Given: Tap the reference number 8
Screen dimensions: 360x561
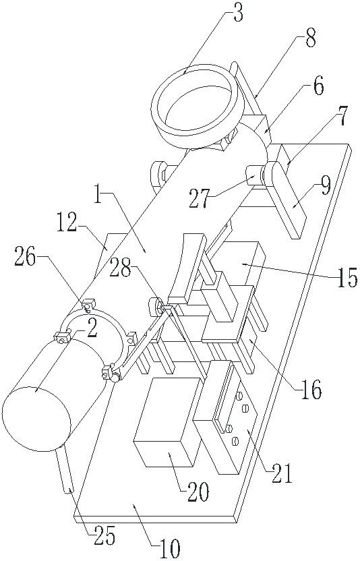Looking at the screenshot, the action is coord(310,38).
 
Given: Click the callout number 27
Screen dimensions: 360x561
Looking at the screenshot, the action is coord(200,200).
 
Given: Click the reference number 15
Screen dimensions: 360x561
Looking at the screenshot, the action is coord(348,278).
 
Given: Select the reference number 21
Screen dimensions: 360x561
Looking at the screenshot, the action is coord(282,474).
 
